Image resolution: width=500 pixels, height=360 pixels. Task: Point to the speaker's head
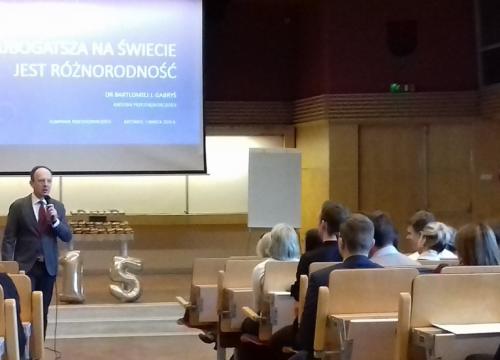(41, 182)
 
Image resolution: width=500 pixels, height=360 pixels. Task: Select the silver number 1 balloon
(72, 276)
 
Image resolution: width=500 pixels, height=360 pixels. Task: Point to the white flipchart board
(274, 188)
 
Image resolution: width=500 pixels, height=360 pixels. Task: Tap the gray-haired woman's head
(282, 241)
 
